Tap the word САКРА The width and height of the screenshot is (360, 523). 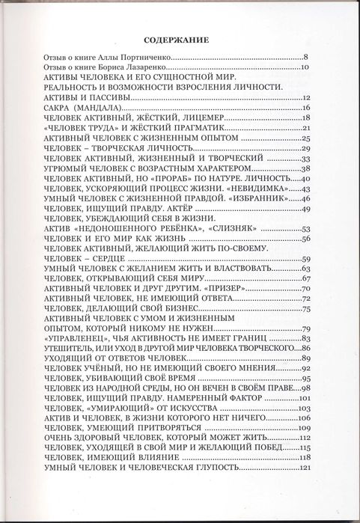click(61, 108)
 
